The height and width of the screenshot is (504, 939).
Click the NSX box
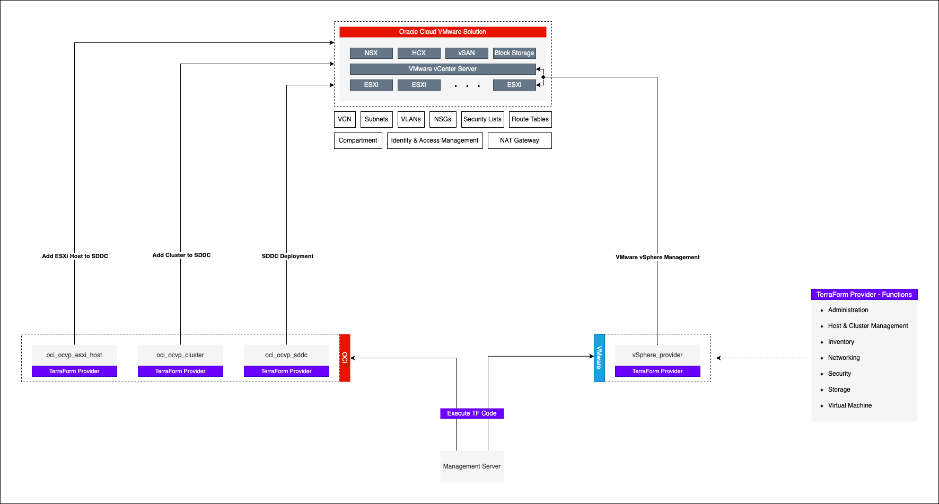pyautogui.click(x=371, y=53)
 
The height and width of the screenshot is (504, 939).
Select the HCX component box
pyautogui.click(x=419, y=53)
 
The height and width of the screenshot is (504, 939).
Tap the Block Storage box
pyautogui.click(x=514, y=53)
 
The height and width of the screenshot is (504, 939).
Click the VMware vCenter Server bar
pyautogui.click(x=443, y=69)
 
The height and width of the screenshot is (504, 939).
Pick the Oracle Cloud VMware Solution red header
pyautogui.click(x=443, y=32)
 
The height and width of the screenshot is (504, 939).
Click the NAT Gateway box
pyautogui.click(x=520, y=140)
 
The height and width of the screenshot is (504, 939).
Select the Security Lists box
pyautogui.click(x=482, y=119)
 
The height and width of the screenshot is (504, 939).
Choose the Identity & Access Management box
pyautogui.click(x=435, y=140)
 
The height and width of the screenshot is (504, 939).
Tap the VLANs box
pyautogui.click(x=411, y=119)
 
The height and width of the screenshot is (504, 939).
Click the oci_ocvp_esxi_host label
pyautogui.click(x=74, y=355)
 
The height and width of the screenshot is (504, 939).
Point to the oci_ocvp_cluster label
pyautogui.click(x=180, y=355)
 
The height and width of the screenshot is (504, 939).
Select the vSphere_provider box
pyautogui.click(x=657, y=355)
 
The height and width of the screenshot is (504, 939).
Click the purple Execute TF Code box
pyautogui.click(x=472, y=413)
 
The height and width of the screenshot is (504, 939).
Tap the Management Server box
pyautogui.click(x=472, y=466)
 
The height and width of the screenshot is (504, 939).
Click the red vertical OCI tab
pyautogui.click(x=345, y=358)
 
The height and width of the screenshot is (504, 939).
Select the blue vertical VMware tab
pyautogui.click(x=599, y=358)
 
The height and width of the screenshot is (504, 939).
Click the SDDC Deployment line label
pyautogui.click(x=287, y=256)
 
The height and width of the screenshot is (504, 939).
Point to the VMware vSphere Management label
pyautogui.click(x=657, y=257)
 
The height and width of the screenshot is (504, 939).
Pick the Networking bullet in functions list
pyautogui.click(x=844, y=358)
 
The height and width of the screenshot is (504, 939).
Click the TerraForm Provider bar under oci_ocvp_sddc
pyautogui.click(x=286, y=371)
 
